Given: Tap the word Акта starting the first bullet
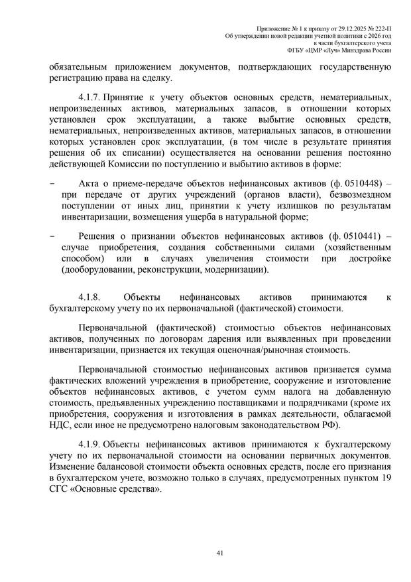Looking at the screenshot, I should click(x=91, y=182).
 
